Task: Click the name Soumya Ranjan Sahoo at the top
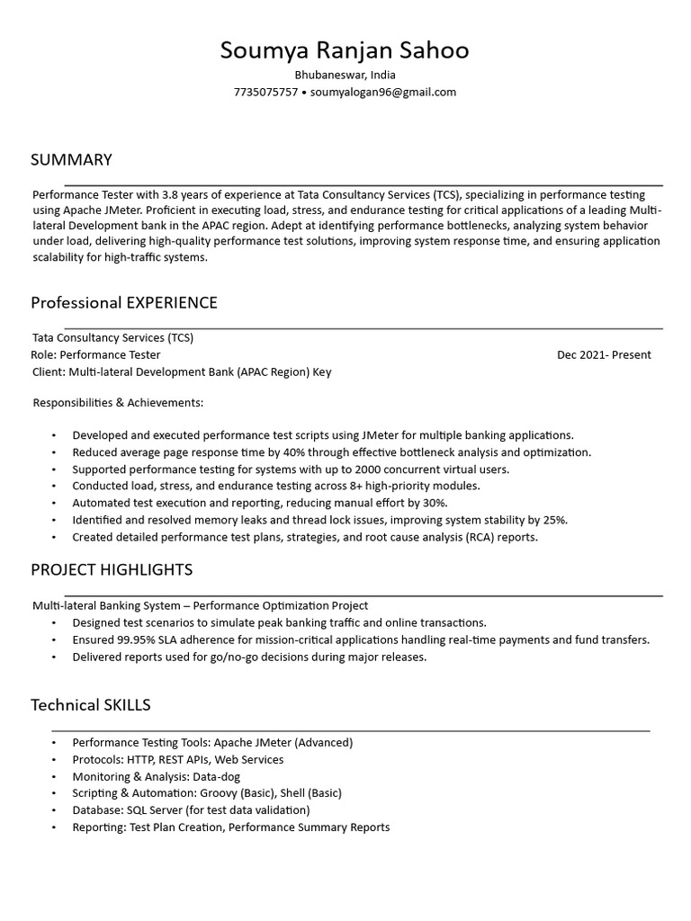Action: [x=345, y=50]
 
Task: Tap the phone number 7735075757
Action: [x=265, y=92]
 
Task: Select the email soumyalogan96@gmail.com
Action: [x=383, y=92]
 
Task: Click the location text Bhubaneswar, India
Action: [x=345, y=75]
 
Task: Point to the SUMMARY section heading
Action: [x=71, y=160]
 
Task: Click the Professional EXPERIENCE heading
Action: [x=124, y=302]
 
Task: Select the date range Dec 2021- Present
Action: [x=604, y=355]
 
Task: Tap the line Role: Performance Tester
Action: [x=96, y=355]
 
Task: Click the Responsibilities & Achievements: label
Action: [x=118, y=402]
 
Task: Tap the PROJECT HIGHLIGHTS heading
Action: [x=112, y=570]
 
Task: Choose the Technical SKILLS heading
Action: [x=91, y=704]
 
